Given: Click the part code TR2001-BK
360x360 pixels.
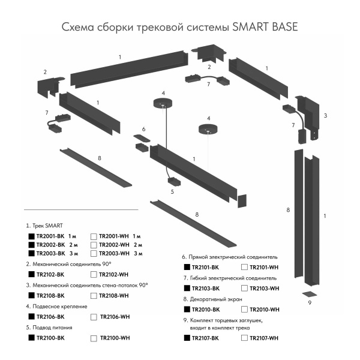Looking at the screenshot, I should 50,236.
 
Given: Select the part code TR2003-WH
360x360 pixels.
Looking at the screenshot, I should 114,254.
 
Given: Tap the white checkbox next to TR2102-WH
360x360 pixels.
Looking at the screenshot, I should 93,274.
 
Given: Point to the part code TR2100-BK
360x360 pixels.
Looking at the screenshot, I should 50,338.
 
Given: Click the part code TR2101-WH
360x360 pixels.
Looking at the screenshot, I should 265,267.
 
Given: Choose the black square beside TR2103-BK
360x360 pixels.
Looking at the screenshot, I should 187,289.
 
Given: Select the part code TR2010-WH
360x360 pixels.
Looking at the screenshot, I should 265,310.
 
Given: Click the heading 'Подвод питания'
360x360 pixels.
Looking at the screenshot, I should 53,328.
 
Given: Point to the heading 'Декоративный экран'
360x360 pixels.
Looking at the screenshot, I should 216,299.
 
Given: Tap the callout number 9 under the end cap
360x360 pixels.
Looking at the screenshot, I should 310,304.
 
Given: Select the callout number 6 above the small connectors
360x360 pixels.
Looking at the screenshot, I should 143,129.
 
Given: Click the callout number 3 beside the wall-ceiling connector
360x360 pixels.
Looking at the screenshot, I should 325,115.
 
